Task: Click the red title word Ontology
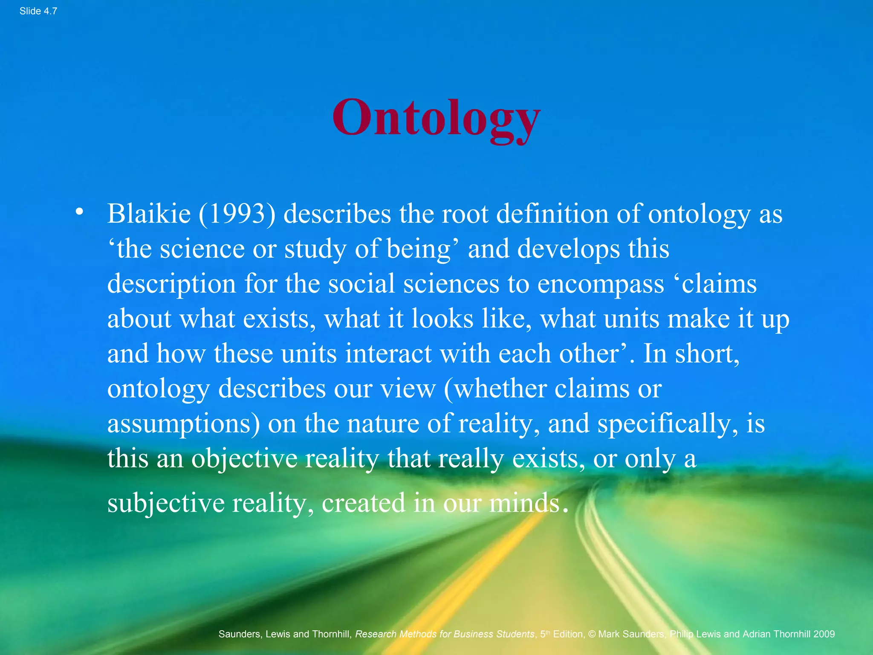tap(436, 118)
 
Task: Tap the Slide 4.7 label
tap(38, 11)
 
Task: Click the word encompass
tap(600, 284)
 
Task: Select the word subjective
tap(166, 503)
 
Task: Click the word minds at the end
tap(524, 503)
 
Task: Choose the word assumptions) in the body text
tap(183, 424)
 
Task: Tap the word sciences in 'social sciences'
tap(451, 284)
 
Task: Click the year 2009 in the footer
tap(824, 634)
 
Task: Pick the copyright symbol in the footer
tap(592, 634)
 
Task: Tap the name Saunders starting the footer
tap(239, 634)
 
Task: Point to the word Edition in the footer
tap(568, 634)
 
